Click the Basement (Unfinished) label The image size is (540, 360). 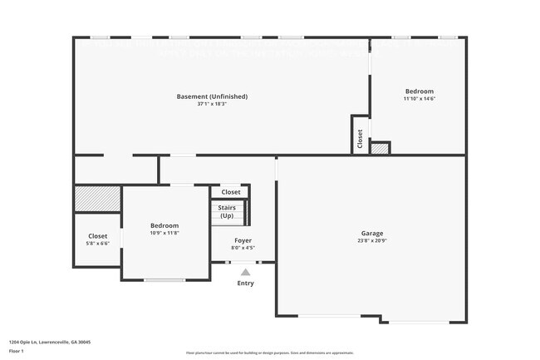point(212,96)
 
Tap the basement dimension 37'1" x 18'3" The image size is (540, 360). point(212,105)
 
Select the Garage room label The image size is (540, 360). point(371,234)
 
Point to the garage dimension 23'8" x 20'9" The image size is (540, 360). point(371,242)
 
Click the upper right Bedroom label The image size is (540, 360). point(419,91)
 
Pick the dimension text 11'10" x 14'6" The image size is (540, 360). point(419,99)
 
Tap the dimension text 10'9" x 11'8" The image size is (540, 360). point(164,234)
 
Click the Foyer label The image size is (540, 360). point(243,240)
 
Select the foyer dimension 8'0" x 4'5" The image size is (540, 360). point(243,248)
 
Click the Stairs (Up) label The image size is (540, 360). point(227,212)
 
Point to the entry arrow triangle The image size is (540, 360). point(244,272)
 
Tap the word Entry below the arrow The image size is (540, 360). point(245,284)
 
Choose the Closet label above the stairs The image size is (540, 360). point(230,192)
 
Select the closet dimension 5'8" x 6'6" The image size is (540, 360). point(97,244)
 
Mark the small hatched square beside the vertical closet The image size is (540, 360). point(380,149)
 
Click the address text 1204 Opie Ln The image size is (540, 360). point(50,342)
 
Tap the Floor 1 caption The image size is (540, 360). point(18,352)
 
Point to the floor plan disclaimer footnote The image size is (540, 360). point(270,353)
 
